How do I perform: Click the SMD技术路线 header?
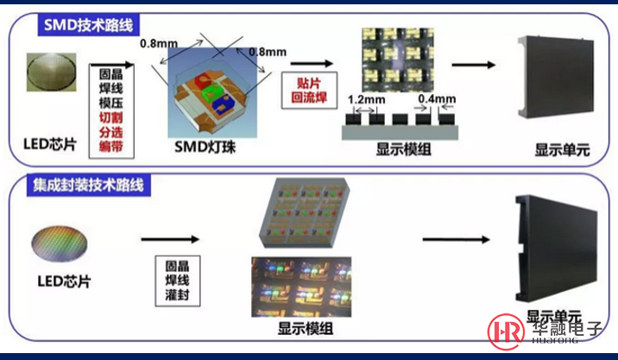click(x=90, y=24)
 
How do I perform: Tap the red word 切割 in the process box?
click(x=110, y=117)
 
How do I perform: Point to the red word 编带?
click(x=110, y=148)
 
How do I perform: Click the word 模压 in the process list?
click(x=110, y=103)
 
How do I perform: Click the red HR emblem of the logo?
click(x=505, y=331)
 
